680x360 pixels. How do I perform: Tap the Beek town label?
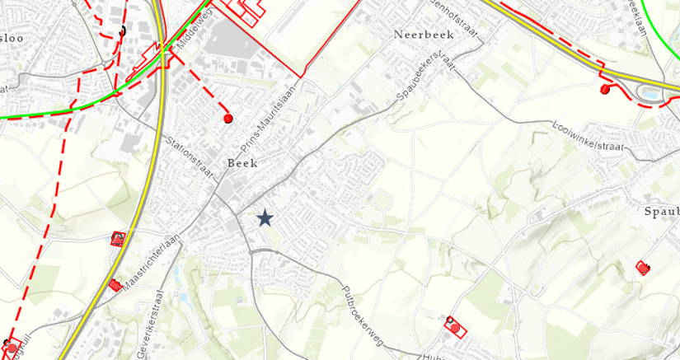[243, 163]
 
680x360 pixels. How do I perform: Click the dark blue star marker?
[265, 217]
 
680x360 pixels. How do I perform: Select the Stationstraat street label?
[190, 147]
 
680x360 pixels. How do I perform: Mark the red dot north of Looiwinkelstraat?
[606, 89]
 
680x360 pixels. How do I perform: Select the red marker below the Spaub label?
[643, 266]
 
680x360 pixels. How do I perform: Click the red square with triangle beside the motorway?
[118, 239]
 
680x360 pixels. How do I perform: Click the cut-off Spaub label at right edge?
[660, 212]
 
